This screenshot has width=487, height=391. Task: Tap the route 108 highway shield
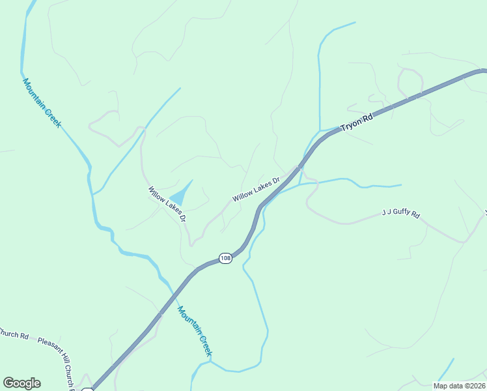click(225, 258)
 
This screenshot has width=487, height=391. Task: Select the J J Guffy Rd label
click(400, 214)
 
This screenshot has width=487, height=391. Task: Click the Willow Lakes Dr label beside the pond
click(167, 203)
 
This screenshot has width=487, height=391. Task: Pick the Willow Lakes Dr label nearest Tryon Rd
click(256, 188)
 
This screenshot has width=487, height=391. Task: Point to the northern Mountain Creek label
click(41, 103)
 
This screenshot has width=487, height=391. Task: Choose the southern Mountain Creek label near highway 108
click(196, 332)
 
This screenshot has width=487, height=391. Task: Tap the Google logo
click(21, 383)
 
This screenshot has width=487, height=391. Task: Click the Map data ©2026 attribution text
click(459, 386)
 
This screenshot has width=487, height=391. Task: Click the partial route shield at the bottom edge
click(88, 389)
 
